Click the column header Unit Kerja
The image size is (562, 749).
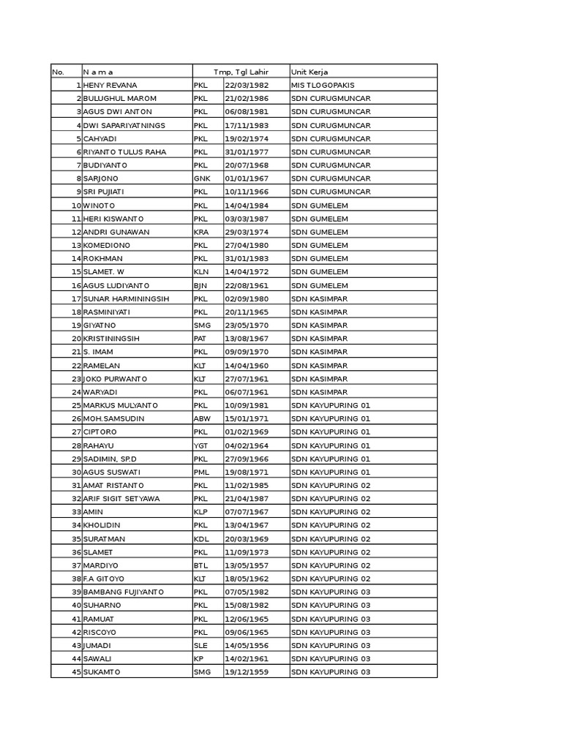pyautogui.click(x=310, y=72)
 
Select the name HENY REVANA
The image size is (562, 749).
pyautogui.click(x=110, y=86)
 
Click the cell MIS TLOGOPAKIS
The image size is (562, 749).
pyautogui.click(x=323, y=86)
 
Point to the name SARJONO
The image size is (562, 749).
pyautogui.click(x=101, y=178)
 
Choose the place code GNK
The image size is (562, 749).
pyautogui.click(x=201, y=178)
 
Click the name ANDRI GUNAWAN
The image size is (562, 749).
pyautogui.click(x=116, y=232)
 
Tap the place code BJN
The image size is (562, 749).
pyautogui.click(x=201, y=285)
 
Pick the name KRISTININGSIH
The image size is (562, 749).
pyautogui.click(x=111, y=339)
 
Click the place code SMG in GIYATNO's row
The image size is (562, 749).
pyautogui.click(x=202, y=325)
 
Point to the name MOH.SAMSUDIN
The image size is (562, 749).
pyautogui.click(x=113, y=418)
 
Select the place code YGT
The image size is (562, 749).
pyautogui.click(x=201, y=445)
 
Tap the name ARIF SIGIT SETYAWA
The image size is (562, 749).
pyautogui.click(x=121, y=499)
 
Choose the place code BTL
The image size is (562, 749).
pyautogui.click(x=201, y=565)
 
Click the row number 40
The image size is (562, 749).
pyautogui.click(x=75, y=606)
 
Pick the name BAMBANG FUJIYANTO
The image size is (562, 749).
pyautogui.click(x=124, y=592)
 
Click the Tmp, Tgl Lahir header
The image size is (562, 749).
pyautogui.click(x=241, y=72)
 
